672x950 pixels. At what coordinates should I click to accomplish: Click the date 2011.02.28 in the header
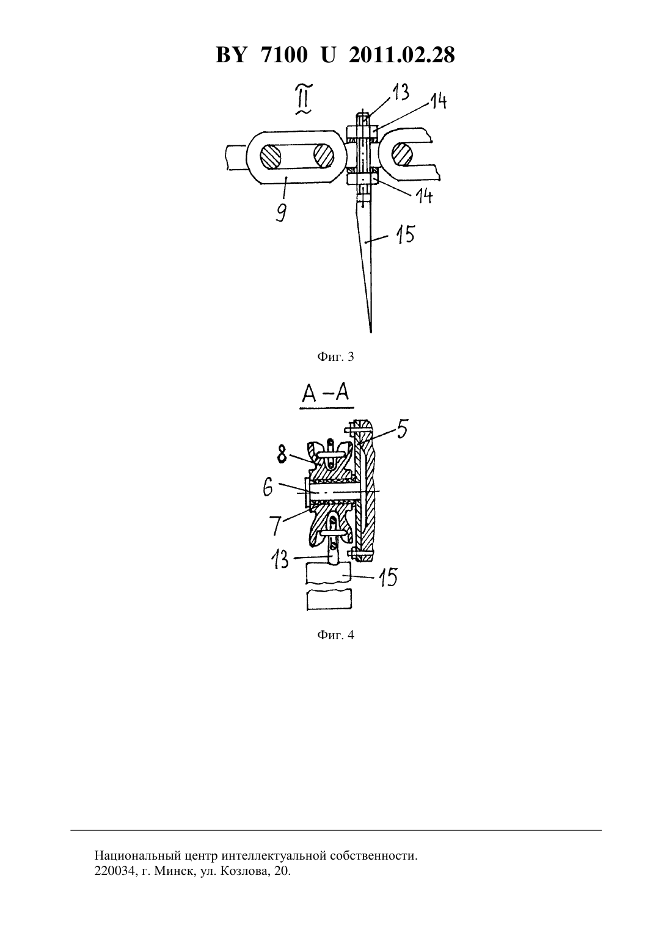tap(402, 56)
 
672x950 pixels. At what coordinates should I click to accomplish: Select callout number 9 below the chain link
tap(281, 211)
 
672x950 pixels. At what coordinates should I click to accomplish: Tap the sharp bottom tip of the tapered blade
tap(371, 332)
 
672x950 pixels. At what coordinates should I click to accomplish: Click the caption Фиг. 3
tap(335, 357)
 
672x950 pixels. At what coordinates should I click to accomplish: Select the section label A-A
tap(326, 394)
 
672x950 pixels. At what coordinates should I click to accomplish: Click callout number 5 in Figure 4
tap(401, 429)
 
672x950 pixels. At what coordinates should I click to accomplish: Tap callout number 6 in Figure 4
tap(268, 488)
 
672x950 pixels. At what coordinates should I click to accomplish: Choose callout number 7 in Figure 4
tap(276, 526)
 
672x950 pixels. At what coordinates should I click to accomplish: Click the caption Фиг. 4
tap(335, 635)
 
